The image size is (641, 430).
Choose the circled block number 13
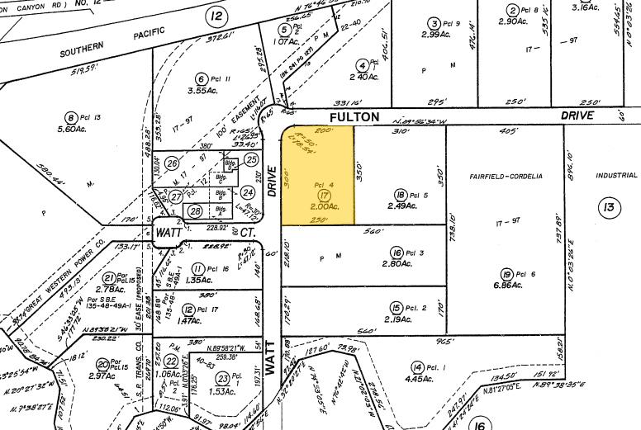click(609, 207)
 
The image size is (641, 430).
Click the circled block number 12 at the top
click(216, 17)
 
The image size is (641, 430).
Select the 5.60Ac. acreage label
click(72, 128)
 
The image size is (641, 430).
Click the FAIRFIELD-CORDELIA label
click(506, 176)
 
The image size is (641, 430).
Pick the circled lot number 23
click(221, 378)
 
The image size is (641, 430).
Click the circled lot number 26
click(173, 163)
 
